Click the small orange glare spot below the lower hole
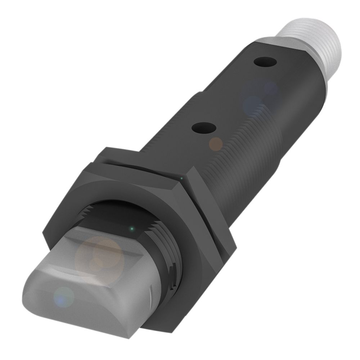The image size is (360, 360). point(216,144)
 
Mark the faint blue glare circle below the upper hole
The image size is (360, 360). point(252,104)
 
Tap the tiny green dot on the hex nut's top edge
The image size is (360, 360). point(181,178)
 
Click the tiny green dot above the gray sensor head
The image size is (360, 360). point(132,228)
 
